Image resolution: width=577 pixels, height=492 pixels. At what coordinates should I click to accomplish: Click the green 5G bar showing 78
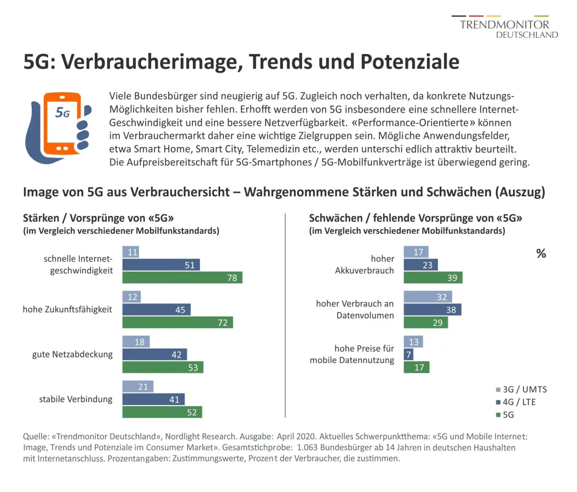(x=182, y=278)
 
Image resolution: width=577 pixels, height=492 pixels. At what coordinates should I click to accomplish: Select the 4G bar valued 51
(x=161, y=265)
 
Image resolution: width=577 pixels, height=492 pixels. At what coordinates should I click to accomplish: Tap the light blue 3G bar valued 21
(x=137, y=386)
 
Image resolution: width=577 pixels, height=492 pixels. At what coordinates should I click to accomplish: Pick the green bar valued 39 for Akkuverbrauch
(x=432, y=278)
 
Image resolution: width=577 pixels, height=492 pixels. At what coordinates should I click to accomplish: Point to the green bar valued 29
(x=425, y=323)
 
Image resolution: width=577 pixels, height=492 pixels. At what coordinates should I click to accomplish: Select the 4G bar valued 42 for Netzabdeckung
(x=154, y=355)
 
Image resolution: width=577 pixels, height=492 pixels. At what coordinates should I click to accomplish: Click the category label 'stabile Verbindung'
(x=76, y=399)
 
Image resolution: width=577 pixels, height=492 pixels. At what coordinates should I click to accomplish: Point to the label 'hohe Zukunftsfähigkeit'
(x=67, y=309)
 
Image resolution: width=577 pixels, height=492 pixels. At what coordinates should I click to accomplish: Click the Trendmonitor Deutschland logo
(x=504, y=27)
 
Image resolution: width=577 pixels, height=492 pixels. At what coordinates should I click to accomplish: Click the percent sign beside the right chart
(x=541, y=254)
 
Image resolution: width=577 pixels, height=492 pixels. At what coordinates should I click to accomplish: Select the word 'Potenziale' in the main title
(x=409, y=62)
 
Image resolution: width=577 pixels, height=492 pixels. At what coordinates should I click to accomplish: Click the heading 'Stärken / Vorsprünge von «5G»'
(x=99, y=218)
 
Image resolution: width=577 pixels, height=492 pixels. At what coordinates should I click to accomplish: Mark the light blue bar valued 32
(x=428, y=297)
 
